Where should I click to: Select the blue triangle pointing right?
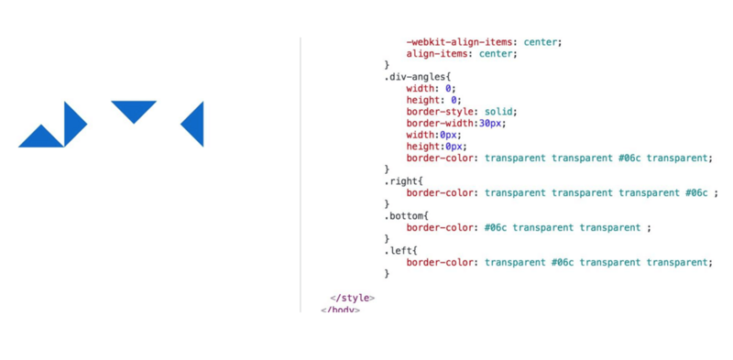tap(72, 124)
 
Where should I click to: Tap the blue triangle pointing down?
tap(134, 109)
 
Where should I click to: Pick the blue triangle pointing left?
tap(195, 124)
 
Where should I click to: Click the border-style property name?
tap(440, 112)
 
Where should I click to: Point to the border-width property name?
tap(440, 124)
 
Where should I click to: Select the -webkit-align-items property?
tap(460, 42)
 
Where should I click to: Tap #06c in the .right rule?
tap(695, 192)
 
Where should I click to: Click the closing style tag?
tap(353, 298)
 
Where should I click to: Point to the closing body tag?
tap(340, 309)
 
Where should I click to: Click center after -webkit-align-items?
tap(541, 42)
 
